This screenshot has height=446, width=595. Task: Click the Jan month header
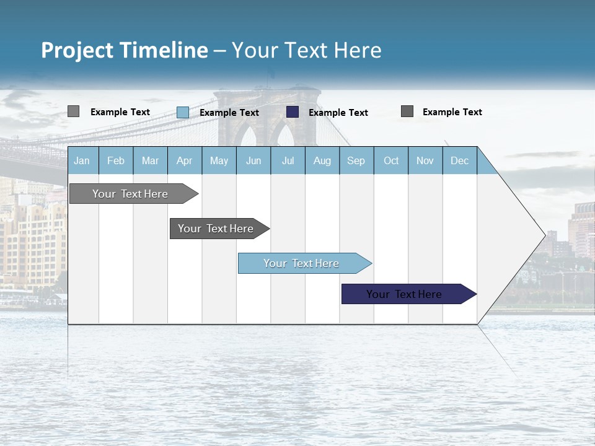82,160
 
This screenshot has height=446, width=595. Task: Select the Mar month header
150,160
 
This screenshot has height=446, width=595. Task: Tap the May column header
219,160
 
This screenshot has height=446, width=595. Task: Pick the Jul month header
288,160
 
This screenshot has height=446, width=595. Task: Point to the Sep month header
356,160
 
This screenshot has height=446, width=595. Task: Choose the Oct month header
391,160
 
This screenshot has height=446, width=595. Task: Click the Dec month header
459,160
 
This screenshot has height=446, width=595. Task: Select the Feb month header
116,160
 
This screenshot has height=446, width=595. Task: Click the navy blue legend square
293,112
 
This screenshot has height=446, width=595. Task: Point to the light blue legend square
183,112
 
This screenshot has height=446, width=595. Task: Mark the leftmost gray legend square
74,111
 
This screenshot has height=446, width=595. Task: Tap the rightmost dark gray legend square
407,111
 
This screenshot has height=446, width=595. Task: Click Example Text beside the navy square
338,113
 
